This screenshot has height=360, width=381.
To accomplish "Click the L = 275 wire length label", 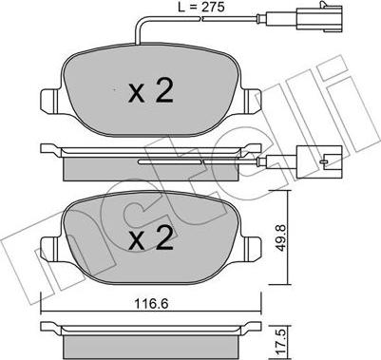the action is [200, 7].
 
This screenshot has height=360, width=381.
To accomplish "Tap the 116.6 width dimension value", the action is [151, 304].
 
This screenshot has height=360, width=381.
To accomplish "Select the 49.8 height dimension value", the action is [280, 237].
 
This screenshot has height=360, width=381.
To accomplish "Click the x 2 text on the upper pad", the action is [151, 90].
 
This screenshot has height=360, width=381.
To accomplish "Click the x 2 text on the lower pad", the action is [151, 238].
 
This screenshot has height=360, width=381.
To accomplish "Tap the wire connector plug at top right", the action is [319, 18].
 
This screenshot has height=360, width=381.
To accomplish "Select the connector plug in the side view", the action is [318, 161].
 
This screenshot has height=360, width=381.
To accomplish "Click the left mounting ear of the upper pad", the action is [50, 100].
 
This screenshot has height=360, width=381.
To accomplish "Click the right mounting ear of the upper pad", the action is [252, 100].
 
